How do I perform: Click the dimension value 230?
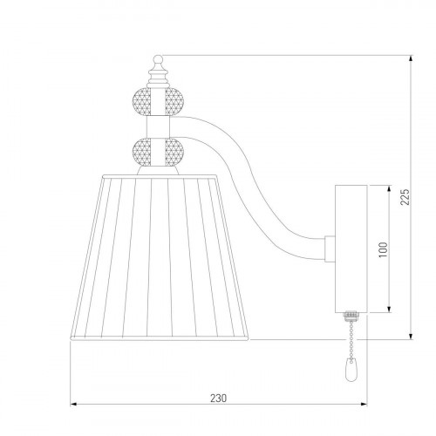(218, 398)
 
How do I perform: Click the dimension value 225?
(405, 197)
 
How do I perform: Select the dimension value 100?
(383, 249)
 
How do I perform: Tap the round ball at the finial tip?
(158, 59)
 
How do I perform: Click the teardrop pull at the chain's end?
(351, 371)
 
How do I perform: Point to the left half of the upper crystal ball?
(141, 102)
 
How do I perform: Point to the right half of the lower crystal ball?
(174, 153)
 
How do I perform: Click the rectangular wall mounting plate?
(351, 249)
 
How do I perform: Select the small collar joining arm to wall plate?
(330, 249)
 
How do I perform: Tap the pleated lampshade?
(160, 257)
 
